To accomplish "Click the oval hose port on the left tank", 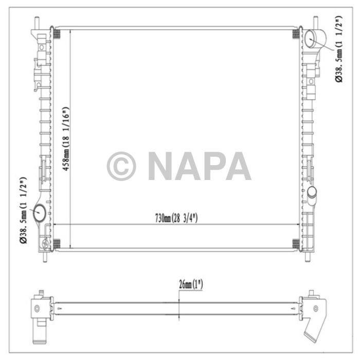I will click(x=40, y=211).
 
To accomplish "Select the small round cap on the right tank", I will click(x=312, y=193).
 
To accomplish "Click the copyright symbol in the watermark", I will click(x=121, y=166).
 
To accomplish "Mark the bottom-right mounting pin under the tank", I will click(x=307, y=255).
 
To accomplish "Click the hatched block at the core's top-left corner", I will click(x=57, y=34).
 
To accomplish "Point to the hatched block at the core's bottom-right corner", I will click(x=296, y=243).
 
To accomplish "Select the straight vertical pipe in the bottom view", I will click(x=38, y=329).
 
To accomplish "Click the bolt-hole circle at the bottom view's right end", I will click(x=311, y=308).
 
